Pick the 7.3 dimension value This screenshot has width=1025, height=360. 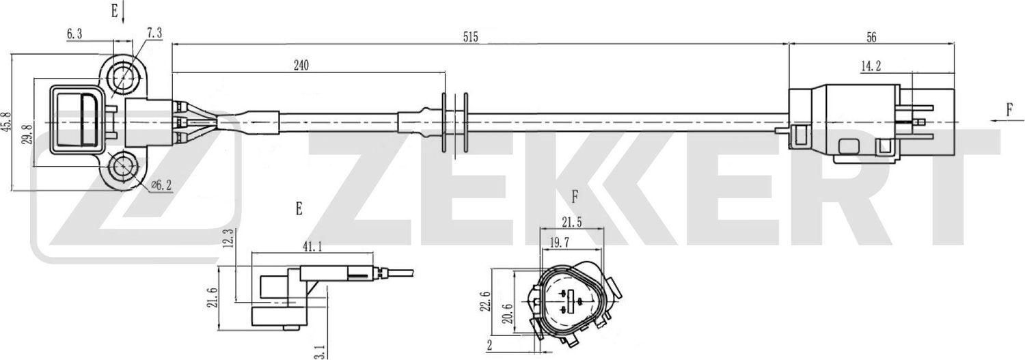154,33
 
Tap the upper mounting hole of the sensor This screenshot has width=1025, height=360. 124,76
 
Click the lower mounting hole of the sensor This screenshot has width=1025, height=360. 124,166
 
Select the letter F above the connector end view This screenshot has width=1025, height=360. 575,197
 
